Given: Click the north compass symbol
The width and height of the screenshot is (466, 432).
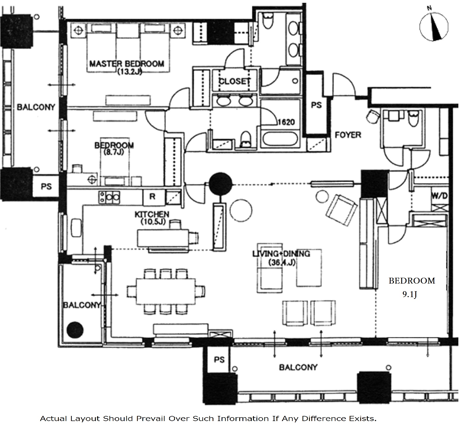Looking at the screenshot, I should click(434, 27).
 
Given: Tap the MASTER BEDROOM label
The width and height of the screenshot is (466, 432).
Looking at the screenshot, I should click(127, 63).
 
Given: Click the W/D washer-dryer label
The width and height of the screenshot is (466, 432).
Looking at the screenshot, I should click(439, 196).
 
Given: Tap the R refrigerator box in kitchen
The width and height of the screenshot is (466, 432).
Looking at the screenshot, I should click(152, 196).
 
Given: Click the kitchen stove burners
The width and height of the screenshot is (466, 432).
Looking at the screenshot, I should click(109, 197).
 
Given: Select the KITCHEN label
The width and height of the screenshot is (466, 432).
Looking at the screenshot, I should click(152, 214).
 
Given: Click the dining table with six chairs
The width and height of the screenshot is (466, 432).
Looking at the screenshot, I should click(166, 291).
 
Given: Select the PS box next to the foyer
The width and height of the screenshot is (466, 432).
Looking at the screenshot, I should click(316, 105).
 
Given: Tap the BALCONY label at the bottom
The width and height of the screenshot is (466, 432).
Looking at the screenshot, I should click(298, 367).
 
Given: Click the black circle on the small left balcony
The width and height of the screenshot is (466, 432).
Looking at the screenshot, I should click(75, 330).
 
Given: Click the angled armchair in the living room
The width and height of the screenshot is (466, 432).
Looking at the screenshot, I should click(342, 210).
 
